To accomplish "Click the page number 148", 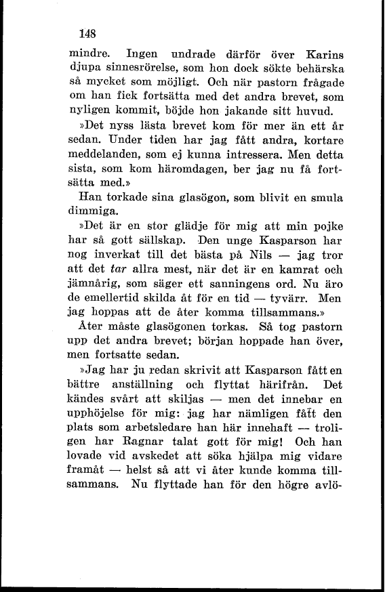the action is (x=88, y=32).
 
